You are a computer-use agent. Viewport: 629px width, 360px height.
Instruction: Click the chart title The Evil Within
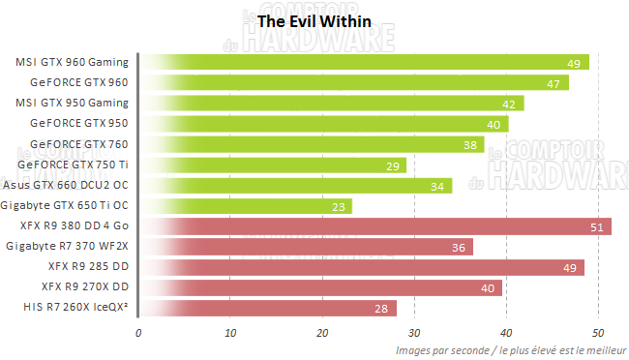pos(314,20)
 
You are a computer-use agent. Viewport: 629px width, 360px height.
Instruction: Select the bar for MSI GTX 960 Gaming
pos(364,63)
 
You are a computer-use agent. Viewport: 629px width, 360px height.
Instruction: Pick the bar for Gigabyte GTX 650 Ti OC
pos(246,206)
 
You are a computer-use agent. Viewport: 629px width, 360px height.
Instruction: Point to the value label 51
pos(599,227)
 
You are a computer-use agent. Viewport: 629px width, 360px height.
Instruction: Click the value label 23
pos(340,207)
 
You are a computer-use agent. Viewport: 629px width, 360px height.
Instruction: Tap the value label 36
pos(460,248)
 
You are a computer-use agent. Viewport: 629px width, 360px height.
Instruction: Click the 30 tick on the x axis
pos(414,332)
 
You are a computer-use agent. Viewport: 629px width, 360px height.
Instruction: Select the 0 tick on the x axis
pos(139,332)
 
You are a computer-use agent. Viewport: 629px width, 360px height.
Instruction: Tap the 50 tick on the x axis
pos(598,332)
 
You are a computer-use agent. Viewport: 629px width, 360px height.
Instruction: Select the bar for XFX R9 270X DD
pos(320,287)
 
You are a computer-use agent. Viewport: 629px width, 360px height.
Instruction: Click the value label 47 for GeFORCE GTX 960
pos(555,84)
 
